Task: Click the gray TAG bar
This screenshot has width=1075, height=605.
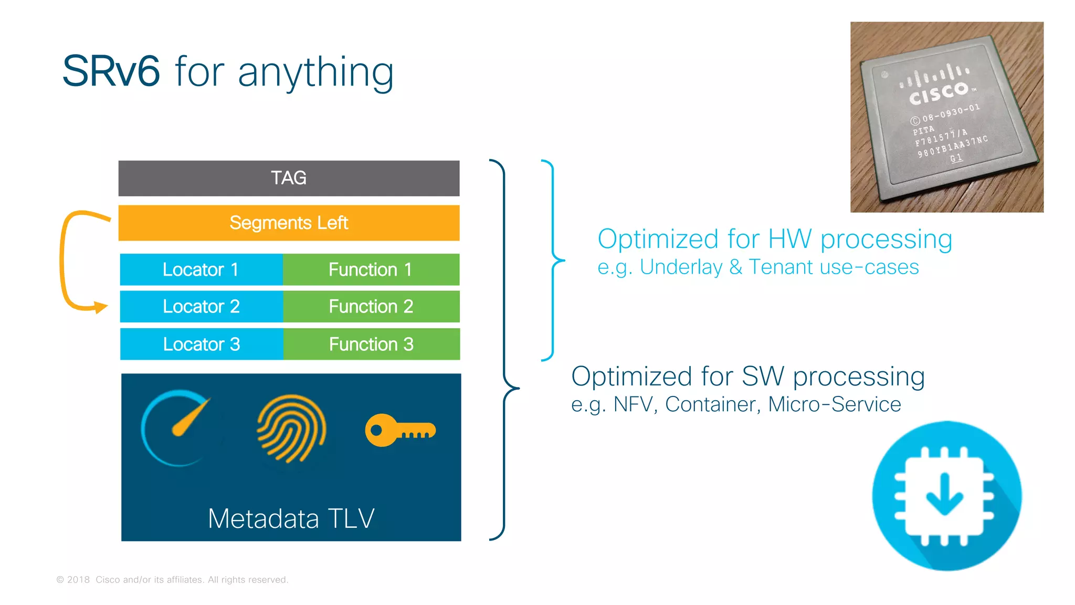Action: pos(289,178)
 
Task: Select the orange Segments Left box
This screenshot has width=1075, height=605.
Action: pos(289,223)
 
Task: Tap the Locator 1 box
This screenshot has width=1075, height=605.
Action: pos(201,269)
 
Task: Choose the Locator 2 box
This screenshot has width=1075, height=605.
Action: pos(201,306)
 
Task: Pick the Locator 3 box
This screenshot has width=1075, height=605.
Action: pos(201,344)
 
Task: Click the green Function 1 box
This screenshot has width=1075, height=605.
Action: pos(371,269)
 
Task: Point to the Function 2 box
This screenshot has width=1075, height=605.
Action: pos(371,306)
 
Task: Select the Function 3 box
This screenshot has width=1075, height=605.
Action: pos(371,344)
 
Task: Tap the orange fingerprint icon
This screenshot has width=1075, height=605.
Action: pos(291,428)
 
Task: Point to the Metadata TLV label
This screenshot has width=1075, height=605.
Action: pos(291,518)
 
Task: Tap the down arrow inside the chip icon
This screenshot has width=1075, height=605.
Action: pos(944,494)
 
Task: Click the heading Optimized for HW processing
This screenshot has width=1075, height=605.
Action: pos(775,239)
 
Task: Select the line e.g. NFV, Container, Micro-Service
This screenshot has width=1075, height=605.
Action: pos(736,404)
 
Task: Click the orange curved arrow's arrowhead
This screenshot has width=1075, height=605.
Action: pos(100,307)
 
